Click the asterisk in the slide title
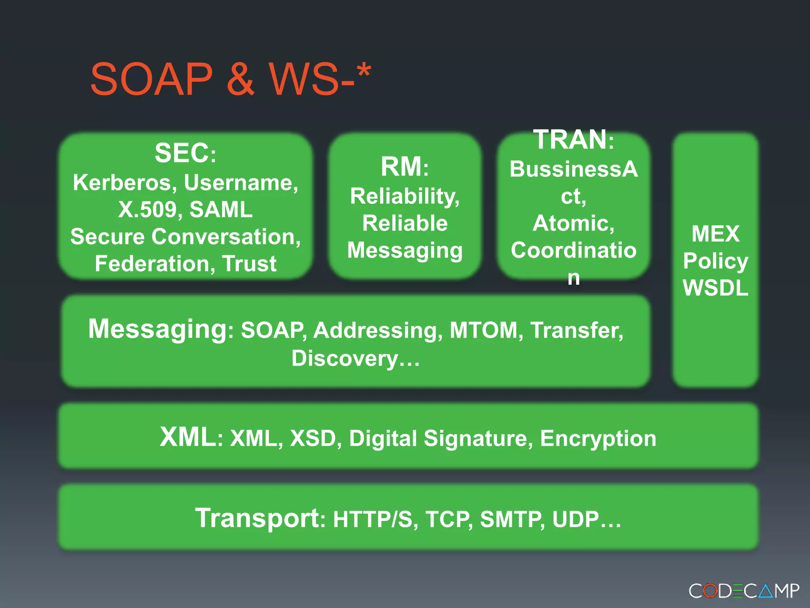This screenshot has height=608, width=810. click(363, 71)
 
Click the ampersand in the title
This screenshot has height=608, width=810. click(240, 79)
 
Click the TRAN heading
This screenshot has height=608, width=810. click(570, 140)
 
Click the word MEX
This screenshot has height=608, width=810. click(715, 234)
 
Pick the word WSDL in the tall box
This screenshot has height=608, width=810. click(715, 288)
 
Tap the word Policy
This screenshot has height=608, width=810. click(715, 261)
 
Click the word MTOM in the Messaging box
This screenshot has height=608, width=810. click(483, 330)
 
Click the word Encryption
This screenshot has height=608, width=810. click(598, 439)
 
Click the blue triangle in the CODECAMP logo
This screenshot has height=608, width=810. click(766, 591)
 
